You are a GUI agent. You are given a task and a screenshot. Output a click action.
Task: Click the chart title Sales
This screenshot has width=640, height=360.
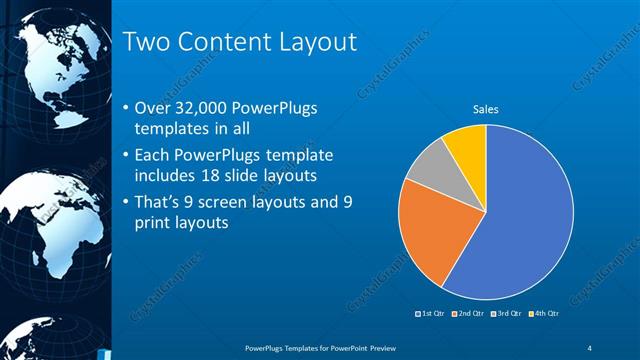click(x=486, y=109)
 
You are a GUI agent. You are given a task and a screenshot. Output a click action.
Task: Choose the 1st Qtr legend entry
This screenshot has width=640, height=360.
click(x=431, y=314)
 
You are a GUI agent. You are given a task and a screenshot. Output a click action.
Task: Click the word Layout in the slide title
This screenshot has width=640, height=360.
click(x=317, y=42)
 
